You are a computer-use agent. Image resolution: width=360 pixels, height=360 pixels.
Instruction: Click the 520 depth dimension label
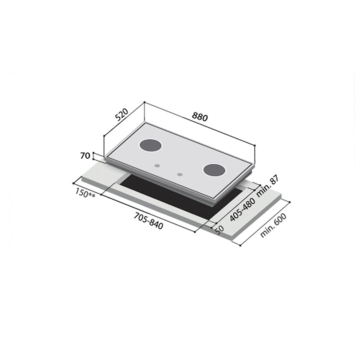point(122,116)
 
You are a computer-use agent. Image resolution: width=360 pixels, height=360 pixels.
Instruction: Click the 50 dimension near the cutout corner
point(218,229)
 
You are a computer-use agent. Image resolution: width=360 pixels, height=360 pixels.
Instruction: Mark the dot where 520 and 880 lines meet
point(144,102)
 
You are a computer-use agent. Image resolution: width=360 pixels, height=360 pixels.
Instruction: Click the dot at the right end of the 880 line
point(255,145)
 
